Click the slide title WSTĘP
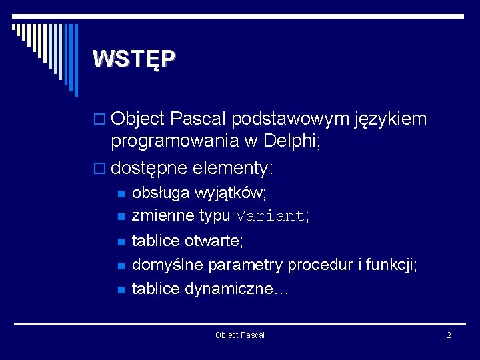coord(135,59)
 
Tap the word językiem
coord(391,120)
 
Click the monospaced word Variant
coord(270,216)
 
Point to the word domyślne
coord(168,265)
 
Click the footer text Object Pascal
coord(240,335)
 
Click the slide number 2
coord(449,335)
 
